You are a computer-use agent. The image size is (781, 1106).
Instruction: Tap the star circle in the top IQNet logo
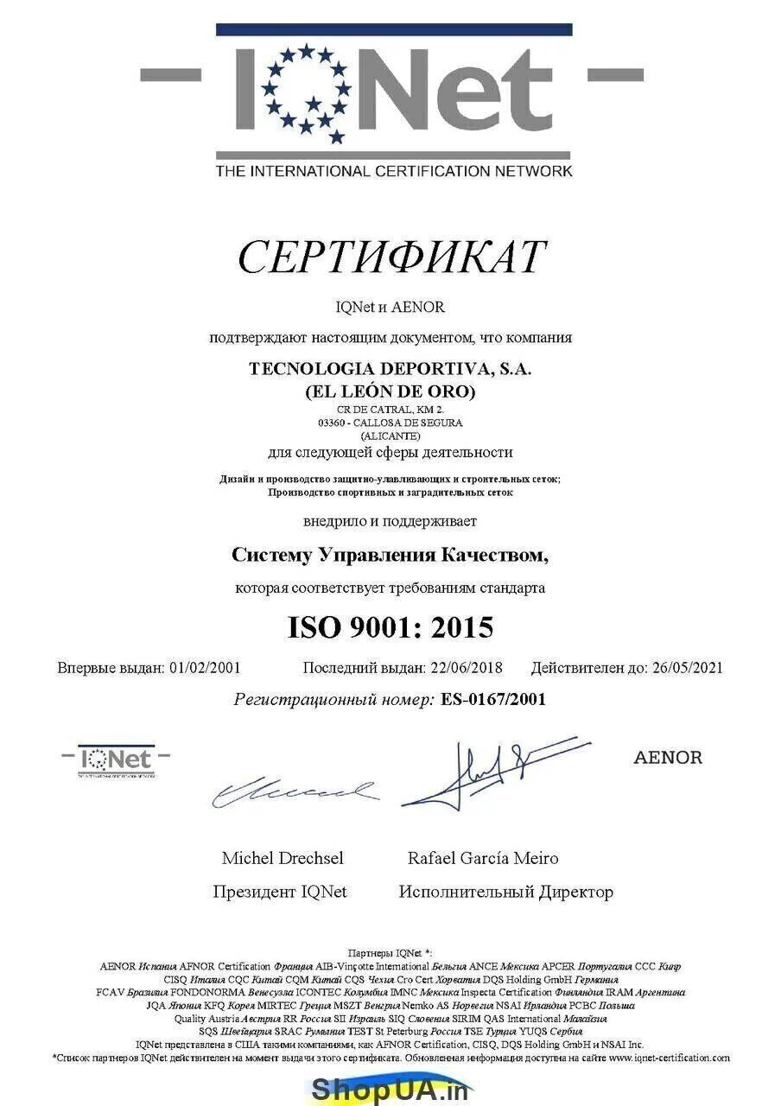[307, 92]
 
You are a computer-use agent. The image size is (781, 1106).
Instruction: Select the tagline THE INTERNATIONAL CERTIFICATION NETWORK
[393, 171]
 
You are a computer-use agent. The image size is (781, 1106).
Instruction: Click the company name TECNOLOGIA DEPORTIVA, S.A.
[390, 368]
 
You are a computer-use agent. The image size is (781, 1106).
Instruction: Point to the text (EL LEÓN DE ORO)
[390, 391]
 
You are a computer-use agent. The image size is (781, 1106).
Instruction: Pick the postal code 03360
[333, 423]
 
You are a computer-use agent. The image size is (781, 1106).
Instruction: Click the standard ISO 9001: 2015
[390, 627]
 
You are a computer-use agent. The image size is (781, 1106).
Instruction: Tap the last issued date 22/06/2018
[465, 667]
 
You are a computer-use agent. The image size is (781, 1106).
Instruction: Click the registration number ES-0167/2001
[493, 699]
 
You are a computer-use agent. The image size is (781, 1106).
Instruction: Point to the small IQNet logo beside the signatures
[116, 760]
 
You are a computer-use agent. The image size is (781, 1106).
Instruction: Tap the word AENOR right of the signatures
[668, 758]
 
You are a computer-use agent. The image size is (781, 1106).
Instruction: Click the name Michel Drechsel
[283, 858]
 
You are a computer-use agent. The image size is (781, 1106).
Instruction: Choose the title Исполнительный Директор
[505, 892]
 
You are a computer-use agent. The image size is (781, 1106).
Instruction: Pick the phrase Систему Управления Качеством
[390, 555]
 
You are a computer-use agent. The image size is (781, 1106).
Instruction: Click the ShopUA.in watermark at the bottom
[390, 1089]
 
